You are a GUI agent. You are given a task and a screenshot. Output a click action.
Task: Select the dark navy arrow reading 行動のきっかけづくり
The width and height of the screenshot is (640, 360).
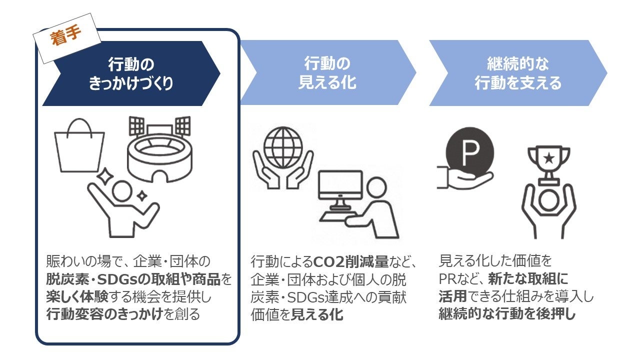131,73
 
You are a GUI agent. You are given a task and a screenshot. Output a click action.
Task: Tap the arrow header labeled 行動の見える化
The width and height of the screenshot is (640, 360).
327,73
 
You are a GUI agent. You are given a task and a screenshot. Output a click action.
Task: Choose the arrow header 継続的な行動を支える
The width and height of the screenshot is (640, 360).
517,73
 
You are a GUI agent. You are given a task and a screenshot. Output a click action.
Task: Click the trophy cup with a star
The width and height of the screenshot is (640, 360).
548,162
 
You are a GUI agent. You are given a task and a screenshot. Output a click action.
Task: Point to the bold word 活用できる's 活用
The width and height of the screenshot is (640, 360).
452,296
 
